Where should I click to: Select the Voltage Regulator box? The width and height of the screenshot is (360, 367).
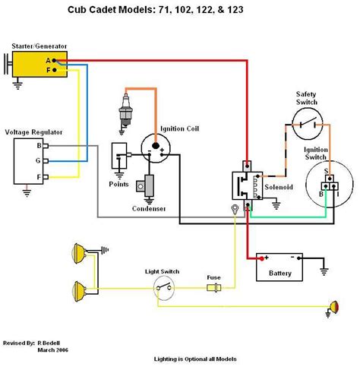(x=28, y=161)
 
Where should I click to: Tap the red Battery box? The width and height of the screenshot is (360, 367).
(x=278, y=267)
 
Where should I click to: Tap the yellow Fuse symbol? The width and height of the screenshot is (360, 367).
(x=214, y=288)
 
